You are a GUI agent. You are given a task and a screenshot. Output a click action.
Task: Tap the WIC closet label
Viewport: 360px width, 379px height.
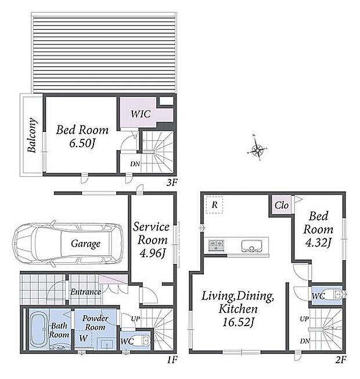(x=141, y=114)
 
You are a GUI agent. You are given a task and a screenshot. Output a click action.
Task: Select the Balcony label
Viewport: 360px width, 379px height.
(x=32, y=135)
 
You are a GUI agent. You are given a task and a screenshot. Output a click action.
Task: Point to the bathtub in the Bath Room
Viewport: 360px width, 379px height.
(x=39, y=329)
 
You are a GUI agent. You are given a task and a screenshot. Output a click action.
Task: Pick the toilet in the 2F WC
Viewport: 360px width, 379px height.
(x=336, y=295)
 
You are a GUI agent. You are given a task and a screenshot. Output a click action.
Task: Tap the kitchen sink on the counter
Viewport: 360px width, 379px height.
(x=251, y=246)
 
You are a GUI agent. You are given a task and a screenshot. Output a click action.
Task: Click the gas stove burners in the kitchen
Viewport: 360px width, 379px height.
(x=216, y=245)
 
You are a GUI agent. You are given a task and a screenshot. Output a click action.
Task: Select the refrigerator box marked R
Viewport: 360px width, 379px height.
(x=214, y=205)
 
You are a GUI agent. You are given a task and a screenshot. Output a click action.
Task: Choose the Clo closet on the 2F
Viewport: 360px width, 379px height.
(x=282, y=205)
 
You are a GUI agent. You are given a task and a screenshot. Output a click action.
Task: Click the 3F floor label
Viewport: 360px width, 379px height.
(x=172, y=183)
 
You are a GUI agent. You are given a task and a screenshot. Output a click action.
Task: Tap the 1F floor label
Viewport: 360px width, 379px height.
(x=172, y=360)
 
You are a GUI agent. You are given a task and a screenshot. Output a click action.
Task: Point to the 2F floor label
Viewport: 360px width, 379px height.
(x=341, y=360)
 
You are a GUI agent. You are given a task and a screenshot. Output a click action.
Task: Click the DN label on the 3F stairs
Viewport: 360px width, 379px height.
(x=135, y=164)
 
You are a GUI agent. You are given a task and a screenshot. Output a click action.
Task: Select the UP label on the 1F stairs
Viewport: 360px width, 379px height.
(x=135, y=319)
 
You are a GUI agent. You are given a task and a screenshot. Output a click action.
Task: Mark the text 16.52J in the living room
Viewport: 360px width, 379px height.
(x=238, y=322)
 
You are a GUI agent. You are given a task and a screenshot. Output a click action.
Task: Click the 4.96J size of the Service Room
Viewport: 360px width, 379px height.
(x=153, y=253)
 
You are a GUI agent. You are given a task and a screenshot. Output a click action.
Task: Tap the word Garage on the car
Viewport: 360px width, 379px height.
(x=85, y=244)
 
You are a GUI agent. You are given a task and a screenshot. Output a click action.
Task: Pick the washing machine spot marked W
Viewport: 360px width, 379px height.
(x=83, y=338)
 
